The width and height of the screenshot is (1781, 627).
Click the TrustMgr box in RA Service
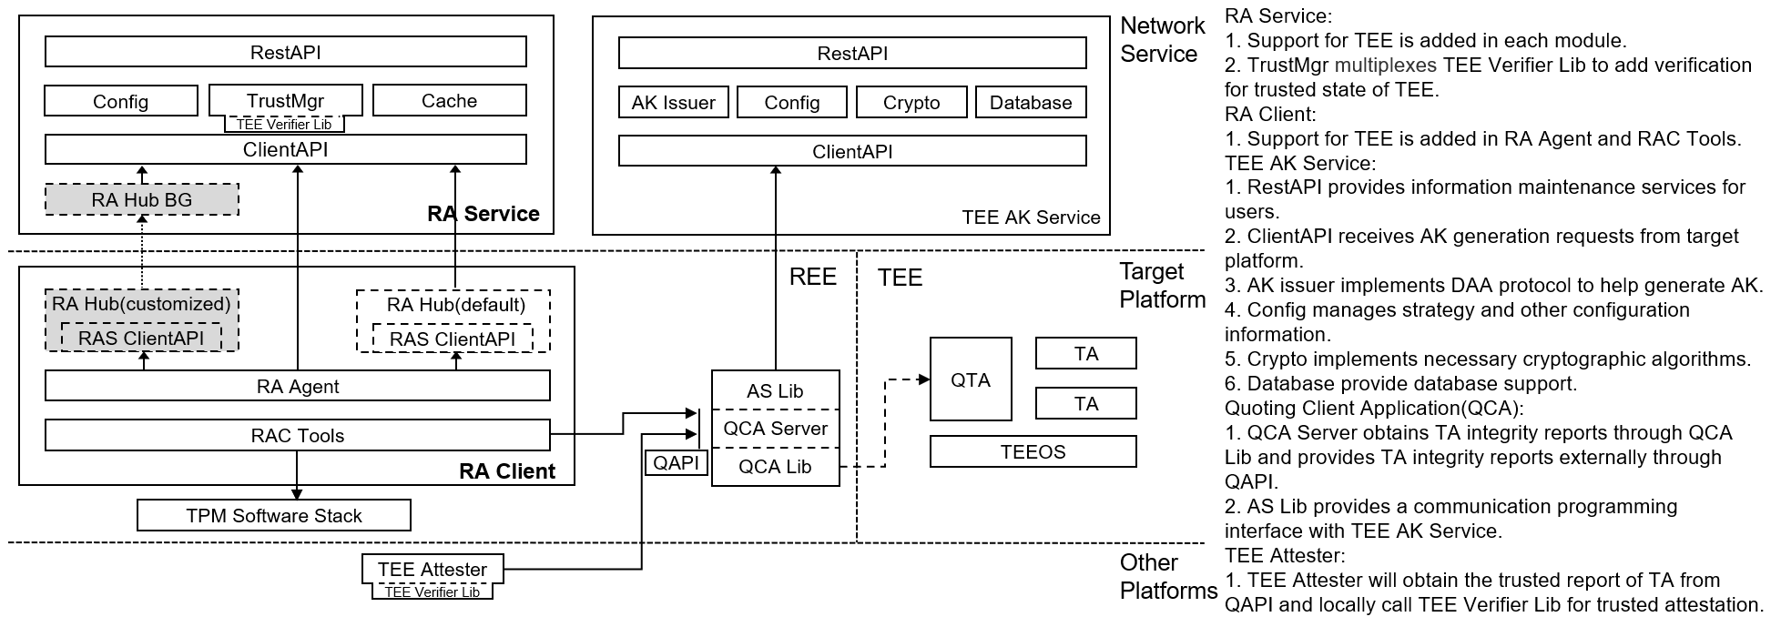pos(285,100)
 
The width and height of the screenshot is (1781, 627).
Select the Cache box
pos(449,101)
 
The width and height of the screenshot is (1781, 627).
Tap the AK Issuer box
pos(673,103)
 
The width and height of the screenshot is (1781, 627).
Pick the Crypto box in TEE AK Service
pos(911,103)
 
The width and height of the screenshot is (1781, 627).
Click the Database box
pos(1030,103)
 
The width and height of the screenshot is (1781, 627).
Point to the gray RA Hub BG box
pos(142,200)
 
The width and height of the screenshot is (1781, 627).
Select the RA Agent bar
pos(297,387)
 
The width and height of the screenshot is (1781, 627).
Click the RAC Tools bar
pos(297,436)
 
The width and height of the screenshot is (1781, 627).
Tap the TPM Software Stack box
pos(273,516)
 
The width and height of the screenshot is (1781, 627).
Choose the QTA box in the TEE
pos(970,379)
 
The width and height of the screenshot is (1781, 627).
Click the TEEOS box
pos(1033,452)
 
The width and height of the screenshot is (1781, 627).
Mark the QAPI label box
pos(676,463)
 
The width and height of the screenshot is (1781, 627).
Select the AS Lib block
pos(775,391)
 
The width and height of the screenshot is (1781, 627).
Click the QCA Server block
pos(775,429)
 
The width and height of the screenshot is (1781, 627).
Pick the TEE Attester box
pos(432,570)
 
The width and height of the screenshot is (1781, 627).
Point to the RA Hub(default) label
pos(455,304)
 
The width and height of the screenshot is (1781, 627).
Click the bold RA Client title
pos(506,471)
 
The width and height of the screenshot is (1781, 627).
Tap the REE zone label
pos(812,277)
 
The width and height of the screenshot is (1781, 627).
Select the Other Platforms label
pos(1167,576)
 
